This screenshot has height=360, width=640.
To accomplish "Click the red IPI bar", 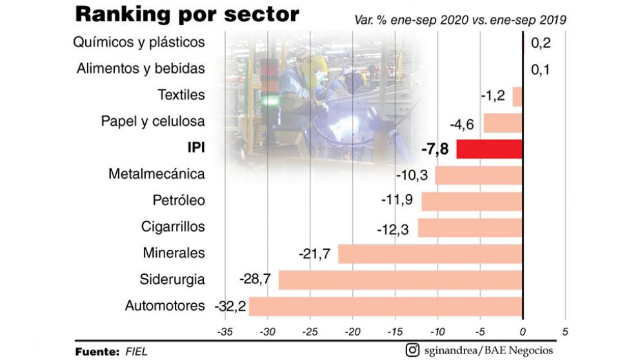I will tap(489, 149).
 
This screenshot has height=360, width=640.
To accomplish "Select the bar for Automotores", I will tap(385, 306).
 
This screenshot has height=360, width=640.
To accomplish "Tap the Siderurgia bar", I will tap(400, 280).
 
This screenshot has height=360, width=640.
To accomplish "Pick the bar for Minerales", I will tap(430, 254).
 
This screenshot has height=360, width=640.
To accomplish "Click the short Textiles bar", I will tap(517, 96).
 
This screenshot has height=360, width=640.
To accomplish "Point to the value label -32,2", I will tap(230, 306).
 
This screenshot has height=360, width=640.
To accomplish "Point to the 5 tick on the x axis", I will tap(565, 332).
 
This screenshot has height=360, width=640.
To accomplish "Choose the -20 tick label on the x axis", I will tap(352, 332).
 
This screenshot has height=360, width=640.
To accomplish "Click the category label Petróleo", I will tap(179, 201).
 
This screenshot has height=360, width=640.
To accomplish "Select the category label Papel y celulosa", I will tap(153, 121).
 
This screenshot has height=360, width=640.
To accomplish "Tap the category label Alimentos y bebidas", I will tap(141, 68).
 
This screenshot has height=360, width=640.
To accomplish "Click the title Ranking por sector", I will tap(187, 14).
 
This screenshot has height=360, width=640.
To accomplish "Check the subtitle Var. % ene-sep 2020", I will tap(460, 20).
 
